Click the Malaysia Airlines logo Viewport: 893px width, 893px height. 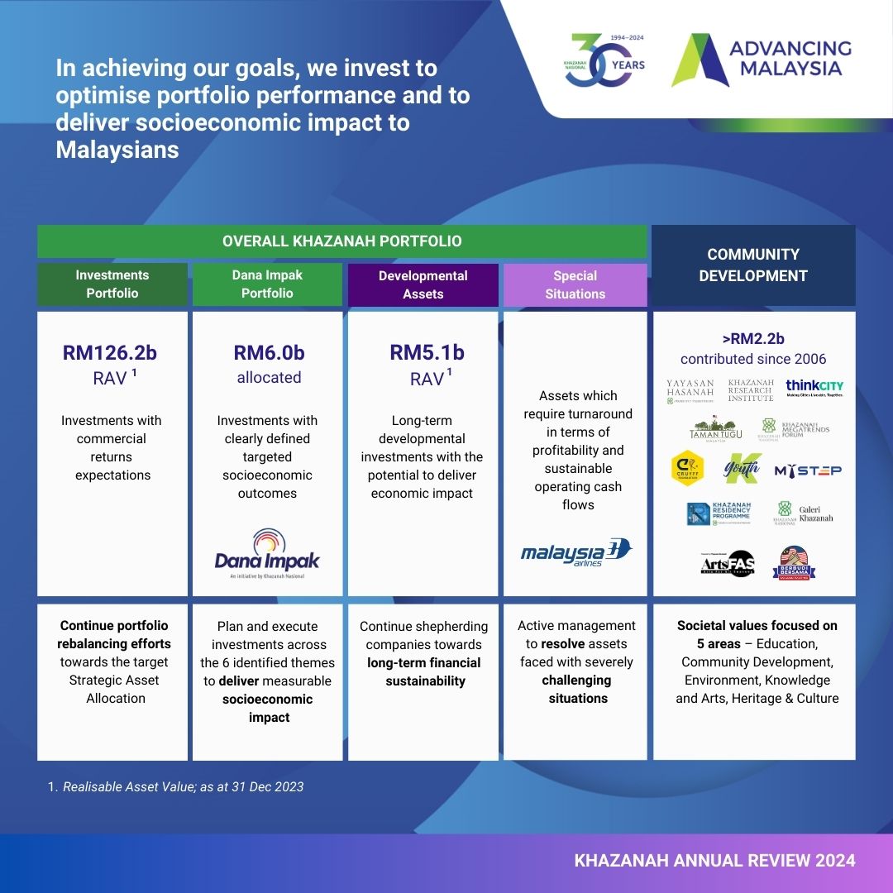[575, 552]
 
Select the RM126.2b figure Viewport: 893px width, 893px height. [110, 353]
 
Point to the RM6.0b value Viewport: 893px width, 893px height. [269, 353]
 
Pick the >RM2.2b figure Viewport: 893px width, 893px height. [753, 338]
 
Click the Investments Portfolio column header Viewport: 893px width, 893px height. [112, 284]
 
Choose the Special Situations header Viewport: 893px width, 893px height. [575, 284]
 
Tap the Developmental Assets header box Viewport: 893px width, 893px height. [423, 284]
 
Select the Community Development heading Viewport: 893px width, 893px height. [753, 265]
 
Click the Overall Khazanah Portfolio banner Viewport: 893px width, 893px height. [341, 241]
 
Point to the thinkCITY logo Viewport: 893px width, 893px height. [814, 388]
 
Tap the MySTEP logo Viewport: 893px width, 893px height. [808, 470]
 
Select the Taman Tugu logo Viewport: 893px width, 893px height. [715, 430]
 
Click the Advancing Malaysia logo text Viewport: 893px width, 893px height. [790, 59]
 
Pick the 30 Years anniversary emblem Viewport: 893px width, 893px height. [604, 60]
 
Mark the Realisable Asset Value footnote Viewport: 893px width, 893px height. [175, 786]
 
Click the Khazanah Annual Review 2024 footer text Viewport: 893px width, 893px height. [714, 861]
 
